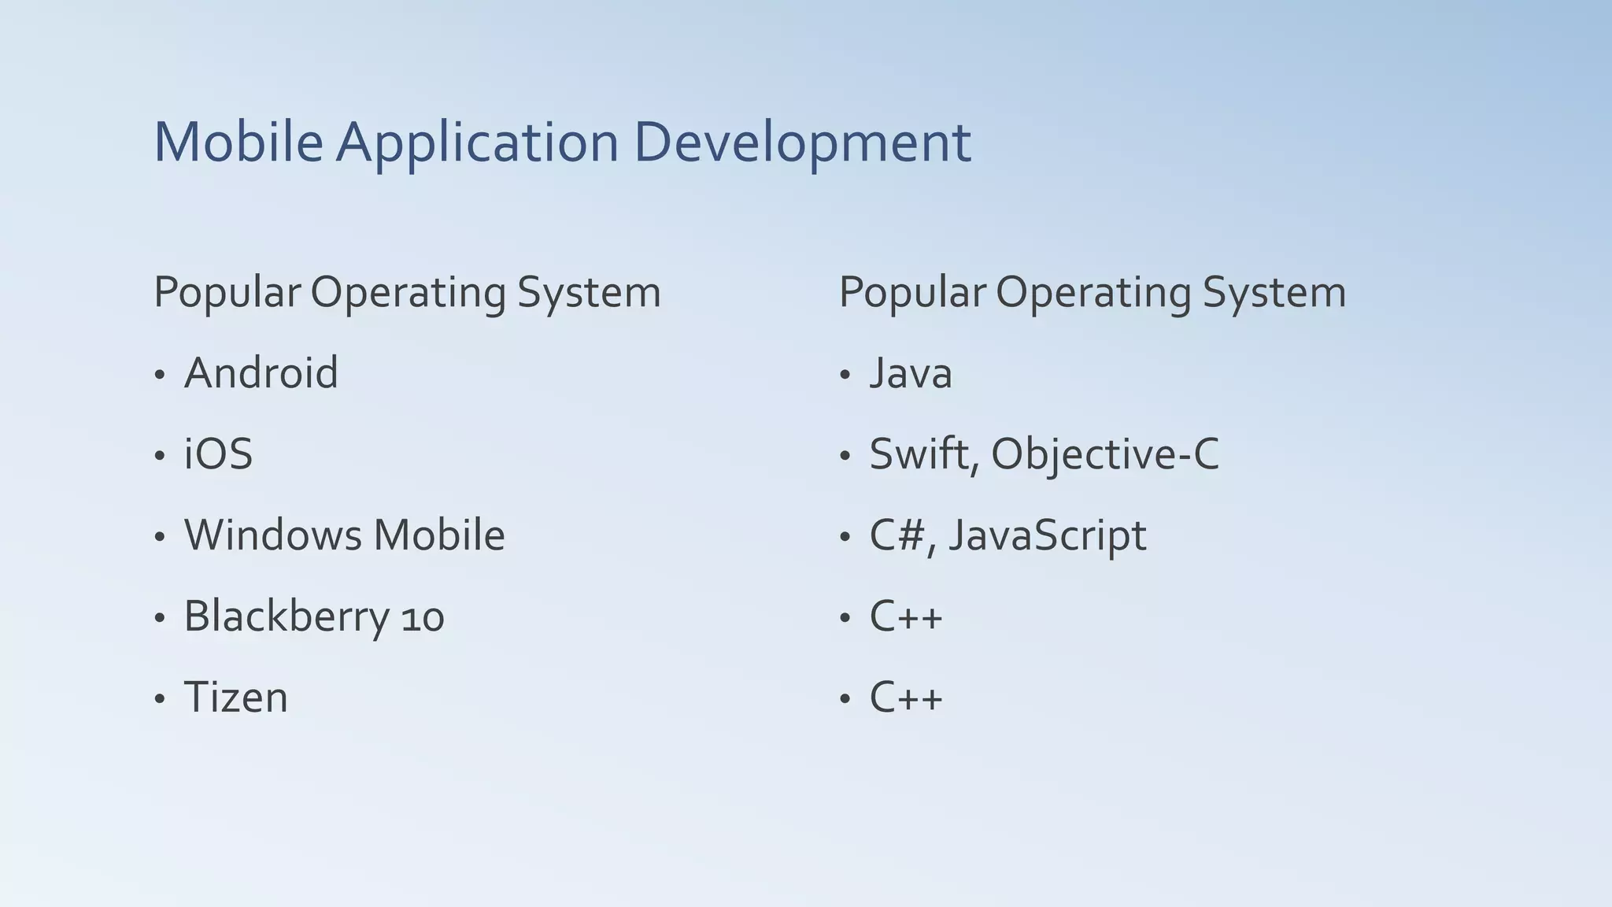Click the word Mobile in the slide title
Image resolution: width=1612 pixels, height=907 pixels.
point(238,143)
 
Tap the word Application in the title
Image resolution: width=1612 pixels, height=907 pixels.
point(478,144)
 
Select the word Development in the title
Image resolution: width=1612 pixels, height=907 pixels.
point(802,144)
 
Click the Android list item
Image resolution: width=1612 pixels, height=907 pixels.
point(261,372)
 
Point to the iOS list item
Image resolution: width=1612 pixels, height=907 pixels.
point(218,454)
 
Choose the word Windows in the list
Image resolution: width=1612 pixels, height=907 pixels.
point(272,535)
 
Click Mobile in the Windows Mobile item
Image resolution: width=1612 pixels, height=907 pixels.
point(438,535)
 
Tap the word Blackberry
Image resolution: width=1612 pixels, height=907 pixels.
point(287,617)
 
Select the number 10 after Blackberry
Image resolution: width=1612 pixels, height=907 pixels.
point(423,617)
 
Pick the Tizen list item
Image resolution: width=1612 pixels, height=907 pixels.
point(235,698)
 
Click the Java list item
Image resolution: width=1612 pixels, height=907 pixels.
point(910,373)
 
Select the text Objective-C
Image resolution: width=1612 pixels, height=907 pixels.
point(1104,455)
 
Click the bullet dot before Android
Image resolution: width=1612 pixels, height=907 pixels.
point(160,375)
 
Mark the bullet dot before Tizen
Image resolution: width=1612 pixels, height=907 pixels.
point(160,699)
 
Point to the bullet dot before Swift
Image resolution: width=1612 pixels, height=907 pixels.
point(845,456)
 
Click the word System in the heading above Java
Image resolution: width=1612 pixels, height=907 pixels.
point(1274,293)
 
